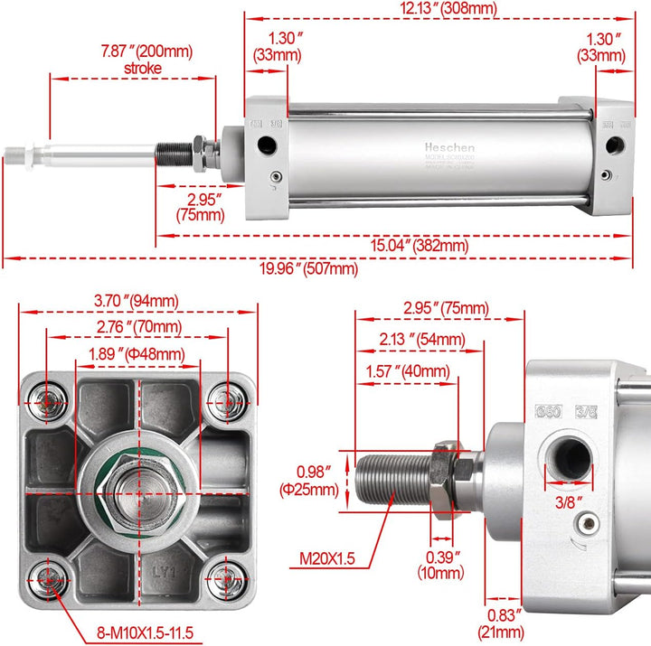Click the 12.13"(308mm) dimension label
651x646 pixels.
pyautogui.click(x=437, y=8)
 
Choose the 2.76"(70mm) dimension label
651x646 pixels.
pyautogui.click(x=138, y=326)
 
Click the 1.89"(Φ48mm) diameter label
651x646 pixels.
pyautogui.click(x=137, y=353)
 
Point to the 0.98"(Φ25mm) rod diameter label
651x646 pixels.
pyautogui.click(x=317, y=481)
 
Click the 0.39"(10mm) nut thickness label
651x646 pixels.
pyautogui.click(x=440, y=565)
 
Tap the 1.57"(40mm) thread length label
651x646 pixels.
pyautogui.click(x=407, y=370)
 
